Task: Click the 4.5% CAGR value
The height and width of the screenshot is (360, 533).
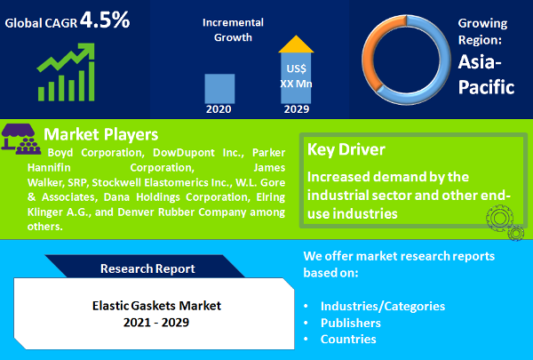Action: point(105,19)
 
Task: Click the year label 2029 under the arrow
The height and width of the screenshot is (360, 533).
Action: point(297,110)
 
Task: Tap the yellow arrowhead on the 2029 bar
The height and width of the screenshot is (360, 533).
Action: point(296,44)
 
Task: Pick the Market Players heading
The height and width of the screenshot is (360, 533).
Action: point(100,134)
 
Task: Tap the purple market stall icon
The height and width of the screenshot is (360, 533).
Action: point(21,138)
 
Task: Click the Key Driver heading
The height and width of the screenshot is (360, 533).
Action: point(346,149)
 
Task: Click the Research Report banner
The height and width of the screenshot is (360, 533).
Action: point(147,268)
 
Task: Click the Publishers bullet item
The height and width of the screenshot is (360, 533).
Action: point(351,323)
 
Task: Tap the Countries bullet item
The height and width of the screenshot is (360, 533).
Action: point(348,339)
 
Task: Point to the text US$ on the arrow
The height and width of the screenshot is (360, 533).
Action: point(296,68)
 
